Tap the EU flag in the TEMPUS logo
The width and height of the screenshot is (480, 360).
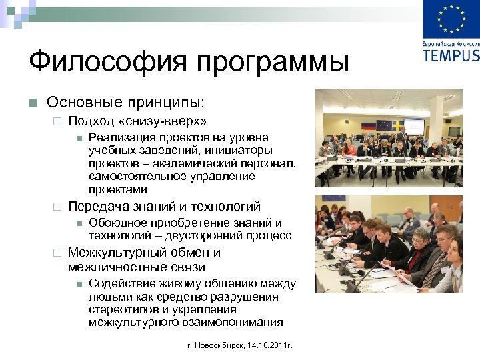(451, 19)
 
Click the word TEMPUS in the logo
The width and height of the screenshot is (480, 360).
(451, 54)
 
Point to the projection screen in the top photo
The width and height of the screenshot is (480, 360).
(414, 124)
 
